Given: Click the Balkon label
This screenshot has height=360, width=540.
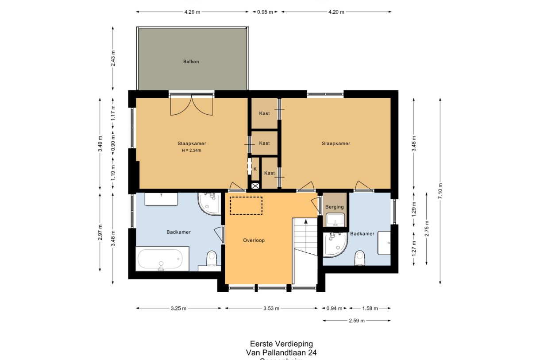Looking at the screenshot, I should [191, 62].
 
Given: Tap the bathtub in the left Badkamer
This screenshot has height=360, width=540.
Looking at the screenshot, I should [159, 259].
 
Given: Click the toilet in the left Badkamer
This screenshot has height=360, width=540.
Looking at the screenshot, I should [212, 258].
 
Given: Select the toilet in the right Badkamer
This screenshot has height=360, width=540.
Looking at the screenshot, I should [360, 257].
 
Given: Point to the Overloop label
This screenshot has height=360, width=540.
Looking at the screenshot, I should [254, 240].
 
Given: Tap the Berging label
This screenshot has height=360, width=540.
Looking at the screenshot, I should [334, 207].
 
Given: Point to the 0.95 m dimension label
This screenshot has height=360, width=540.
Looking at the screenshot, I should [265, 12].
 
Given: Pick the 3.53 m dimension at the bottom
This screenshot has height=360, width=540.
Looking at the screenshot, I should [271, 309].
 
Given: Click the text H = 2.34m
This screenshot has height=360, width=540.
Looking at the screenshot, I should [191, 151].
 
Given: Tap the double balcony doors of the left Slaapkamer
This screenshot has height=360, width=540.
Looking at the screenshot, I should [191, 105].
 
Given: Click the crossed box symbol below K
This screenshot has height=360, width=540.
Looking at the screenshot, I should [255, 186].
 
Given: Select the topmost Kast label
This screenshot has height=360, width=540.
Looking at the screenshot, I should [265, 113].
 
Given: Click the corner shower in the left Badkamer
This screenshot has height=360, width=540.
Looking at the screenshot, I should [209, 204].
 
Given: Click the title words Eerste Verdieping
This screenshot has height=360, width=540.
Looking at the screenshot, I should [281, 344].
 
